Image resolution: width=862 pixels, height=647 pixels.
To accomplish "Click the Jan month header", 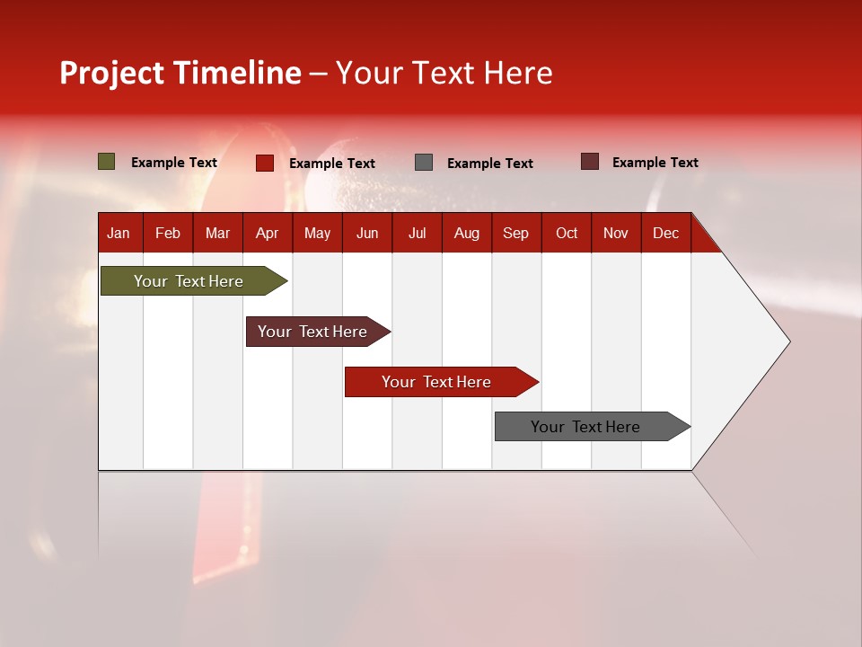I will coord(119,233).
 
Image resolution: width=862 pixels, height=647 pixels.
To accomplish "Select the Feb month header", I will coord(168,233).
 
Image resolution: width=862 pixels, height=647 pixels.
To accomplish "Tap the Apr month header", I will coord(267,233).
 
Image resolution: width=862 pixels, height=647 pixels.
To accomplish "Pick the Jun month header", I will coord(367,233).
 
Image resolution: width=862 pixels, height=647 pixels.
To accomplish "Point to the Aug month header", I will coord(466,233).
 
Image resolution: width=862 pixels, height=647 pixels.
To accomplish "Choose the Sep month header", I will coord(515,233).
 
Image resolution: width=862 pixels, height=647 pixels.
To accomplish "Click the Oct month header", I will coord(567,233).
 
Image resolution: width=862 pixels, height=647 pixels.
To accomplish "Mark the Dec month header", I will coord(665,233).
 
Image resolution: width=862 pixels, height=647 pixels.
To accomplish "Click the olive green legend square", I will coord(107,162).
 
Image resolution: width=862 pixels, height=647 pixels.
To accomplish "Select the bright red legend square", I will coord(265,163).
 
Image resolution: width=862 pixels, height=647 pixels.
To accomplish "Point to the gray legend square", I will coord(424,163).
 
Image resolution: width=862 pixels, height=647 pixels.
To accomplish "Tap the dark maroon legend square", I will coord(590,162).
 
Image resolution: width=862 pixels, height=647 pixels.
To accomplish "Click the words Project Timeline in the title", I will coord(180,73).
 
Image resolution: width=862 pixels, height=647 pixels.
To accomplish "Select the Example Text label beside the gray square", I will coord(490,164).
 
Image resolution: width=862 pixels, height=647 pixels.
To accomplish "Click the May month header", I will coord(317,233).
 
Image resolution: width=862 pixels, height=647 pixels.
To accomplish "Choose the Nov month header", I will coord(616,233).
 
